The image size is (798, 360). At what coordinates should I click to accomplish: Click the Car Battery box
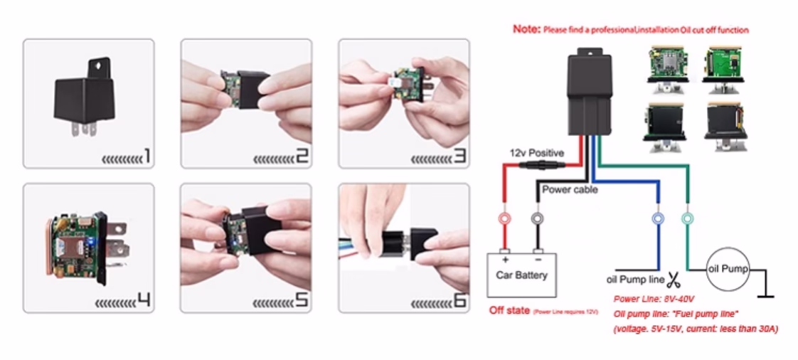tap(522, 273)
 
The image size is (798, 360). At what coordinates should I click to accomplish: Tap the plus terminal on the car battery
tap(505, 252)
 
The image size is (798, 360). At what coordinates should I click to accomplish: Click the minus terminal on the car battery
tap(538, 252)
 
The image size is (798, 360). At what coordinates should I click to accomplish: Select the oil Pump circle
tap(727, 270)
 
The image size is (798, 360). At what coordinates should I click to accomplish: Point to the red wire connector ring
tap(505, 218)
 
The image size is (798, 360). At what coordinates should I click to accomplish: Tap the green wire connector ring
tap(687, 218)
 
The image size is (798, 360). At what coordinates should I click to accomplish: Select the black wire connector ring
tap(538, 218)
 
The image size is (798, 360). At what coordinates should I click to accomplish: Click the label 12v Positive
tap(535, 153)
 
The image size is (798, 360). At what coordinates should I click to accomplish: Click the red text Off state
tap(509, 311)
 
